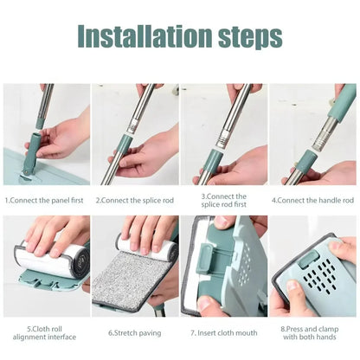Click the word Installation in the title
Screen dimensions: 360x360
[143, 36]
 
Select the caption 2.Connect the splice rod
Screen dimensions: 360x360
[135, 200]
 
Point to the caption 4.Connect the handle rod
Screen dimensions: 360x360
[312, 200]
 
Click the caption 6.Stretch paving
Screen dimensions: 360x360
[135, 331]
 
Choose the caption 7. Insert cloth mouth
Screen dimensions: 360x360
[224, 331]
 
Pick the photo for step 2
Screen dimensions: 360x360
[135, 134]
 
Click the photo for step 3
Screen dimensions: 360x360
[224, 134]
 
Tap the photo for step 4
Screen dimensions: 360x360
[312, 134]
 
